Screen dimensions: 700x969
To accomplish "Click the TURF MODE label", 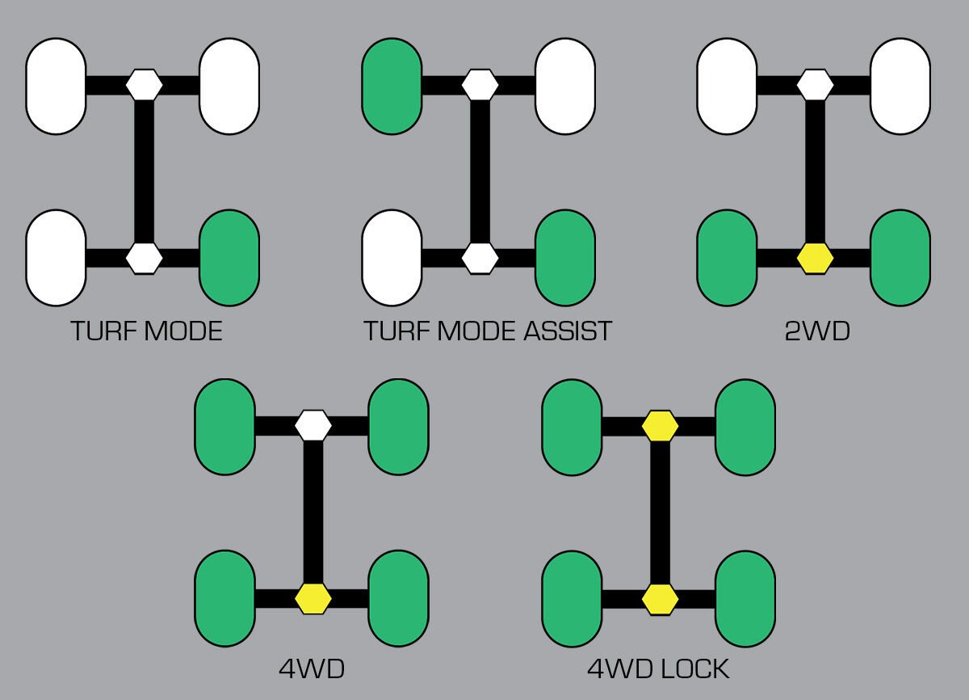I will pyautogui.click(x=146, y=331).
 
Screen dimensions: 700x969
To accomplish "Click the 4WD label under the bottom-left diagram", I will pyautogui.click(x=312, y=669).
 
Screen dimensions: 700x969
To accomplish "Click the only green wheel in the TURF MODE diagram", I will pyautogui.click(x=229, y=258).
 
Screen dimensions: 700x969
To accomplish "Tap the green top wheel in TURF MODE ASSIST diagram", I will pyautogui.click(x=392, y=85).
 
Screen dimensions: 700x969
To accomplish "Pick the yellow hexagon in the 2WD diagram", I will pyautogui.click(x=815, y=258).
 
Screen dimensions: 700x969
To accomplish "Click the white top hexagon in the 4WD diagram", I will pyautogui.click(x=313, y=425).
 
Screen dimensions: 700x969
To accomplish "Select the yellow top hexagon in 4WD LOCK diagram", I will pyautogui.click(x=660, y=425).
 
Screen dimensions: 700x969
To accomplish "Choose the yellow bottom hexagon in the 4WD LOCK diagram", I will pyautogui.click(x=660, y=599).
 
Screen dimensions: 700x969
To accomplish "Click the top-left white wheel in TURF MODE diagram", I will pyautogui.click(x=56, y=85).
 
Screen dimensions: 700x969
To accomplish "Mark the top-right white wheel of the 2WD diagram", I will pyautogui.click(x=900, y=85).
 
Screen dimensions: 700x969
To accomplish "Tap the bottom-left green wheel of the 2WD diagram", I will pyautogui.click(x=727, y=258).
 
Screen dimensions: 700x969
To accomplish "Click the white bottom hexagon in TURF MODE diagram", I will pyautogui.click(x=145, y=258).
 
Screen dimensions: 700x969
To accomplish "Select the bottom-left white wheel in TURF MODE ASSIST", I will pyautogui.click(x=392, y=258).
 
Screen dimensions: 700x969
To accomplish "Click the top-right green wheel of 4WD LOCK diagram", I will pyautogui.click(x=745, y=426).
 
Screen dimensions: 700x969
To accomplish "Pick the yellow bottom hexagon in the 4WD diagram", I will pyautogui.click(x=313, y=599).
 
